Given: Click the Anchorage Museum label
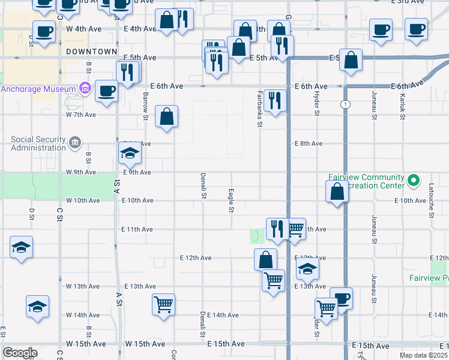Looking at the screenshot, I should coord(39,89).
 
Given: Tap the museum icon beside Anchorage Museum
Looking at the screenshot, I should coord(85,89).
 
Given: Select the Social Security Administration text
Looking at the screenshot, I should coord(38,144).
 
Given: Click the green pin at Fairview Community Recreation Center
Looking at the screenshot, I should coord(413,180).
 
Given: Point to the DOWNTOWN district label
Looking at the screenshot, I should coord(91,52).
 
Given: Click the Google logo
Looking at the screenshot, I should coord(20,353).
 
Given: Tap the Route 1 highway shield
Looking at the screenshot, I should coord(345,104).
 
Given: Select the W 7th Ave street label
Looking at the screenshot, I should coord(81,115).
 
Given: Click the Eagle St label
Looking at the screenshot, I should coord(231,200).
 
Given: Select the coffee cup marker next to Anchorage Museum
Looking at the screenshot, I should coord(106,91).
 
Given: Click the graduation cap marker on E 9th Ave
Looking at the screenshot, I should coord(129,155).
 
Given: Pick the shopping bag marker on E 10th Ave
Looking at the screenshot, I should coord(337,192).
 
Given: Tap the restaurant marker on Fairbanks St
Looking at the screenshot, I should coord(275,100).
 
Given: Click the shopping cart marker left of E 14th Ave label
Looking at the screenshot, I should coord(163,305).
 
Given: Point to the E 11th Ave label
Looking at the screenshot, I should coord(137,229).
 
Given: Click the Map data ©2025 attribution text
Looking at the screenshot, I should coord(423,355).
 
